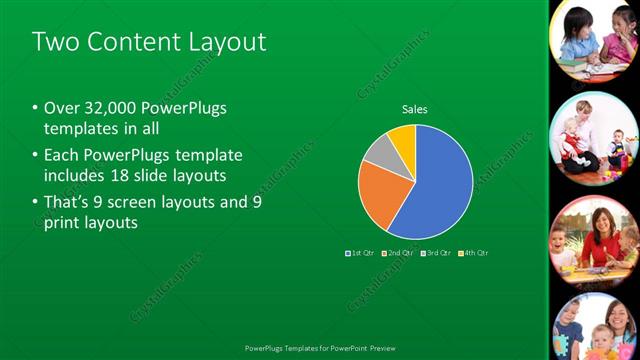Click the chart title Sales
point(415,108)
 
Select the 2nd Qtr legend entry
point(397,253)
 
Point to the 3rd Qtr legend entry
point(435,253)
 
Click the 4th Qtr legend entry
point(473,253)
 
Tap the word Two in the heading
point(53,42)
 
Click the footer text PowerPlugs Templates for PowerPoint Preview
point(320,349)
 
